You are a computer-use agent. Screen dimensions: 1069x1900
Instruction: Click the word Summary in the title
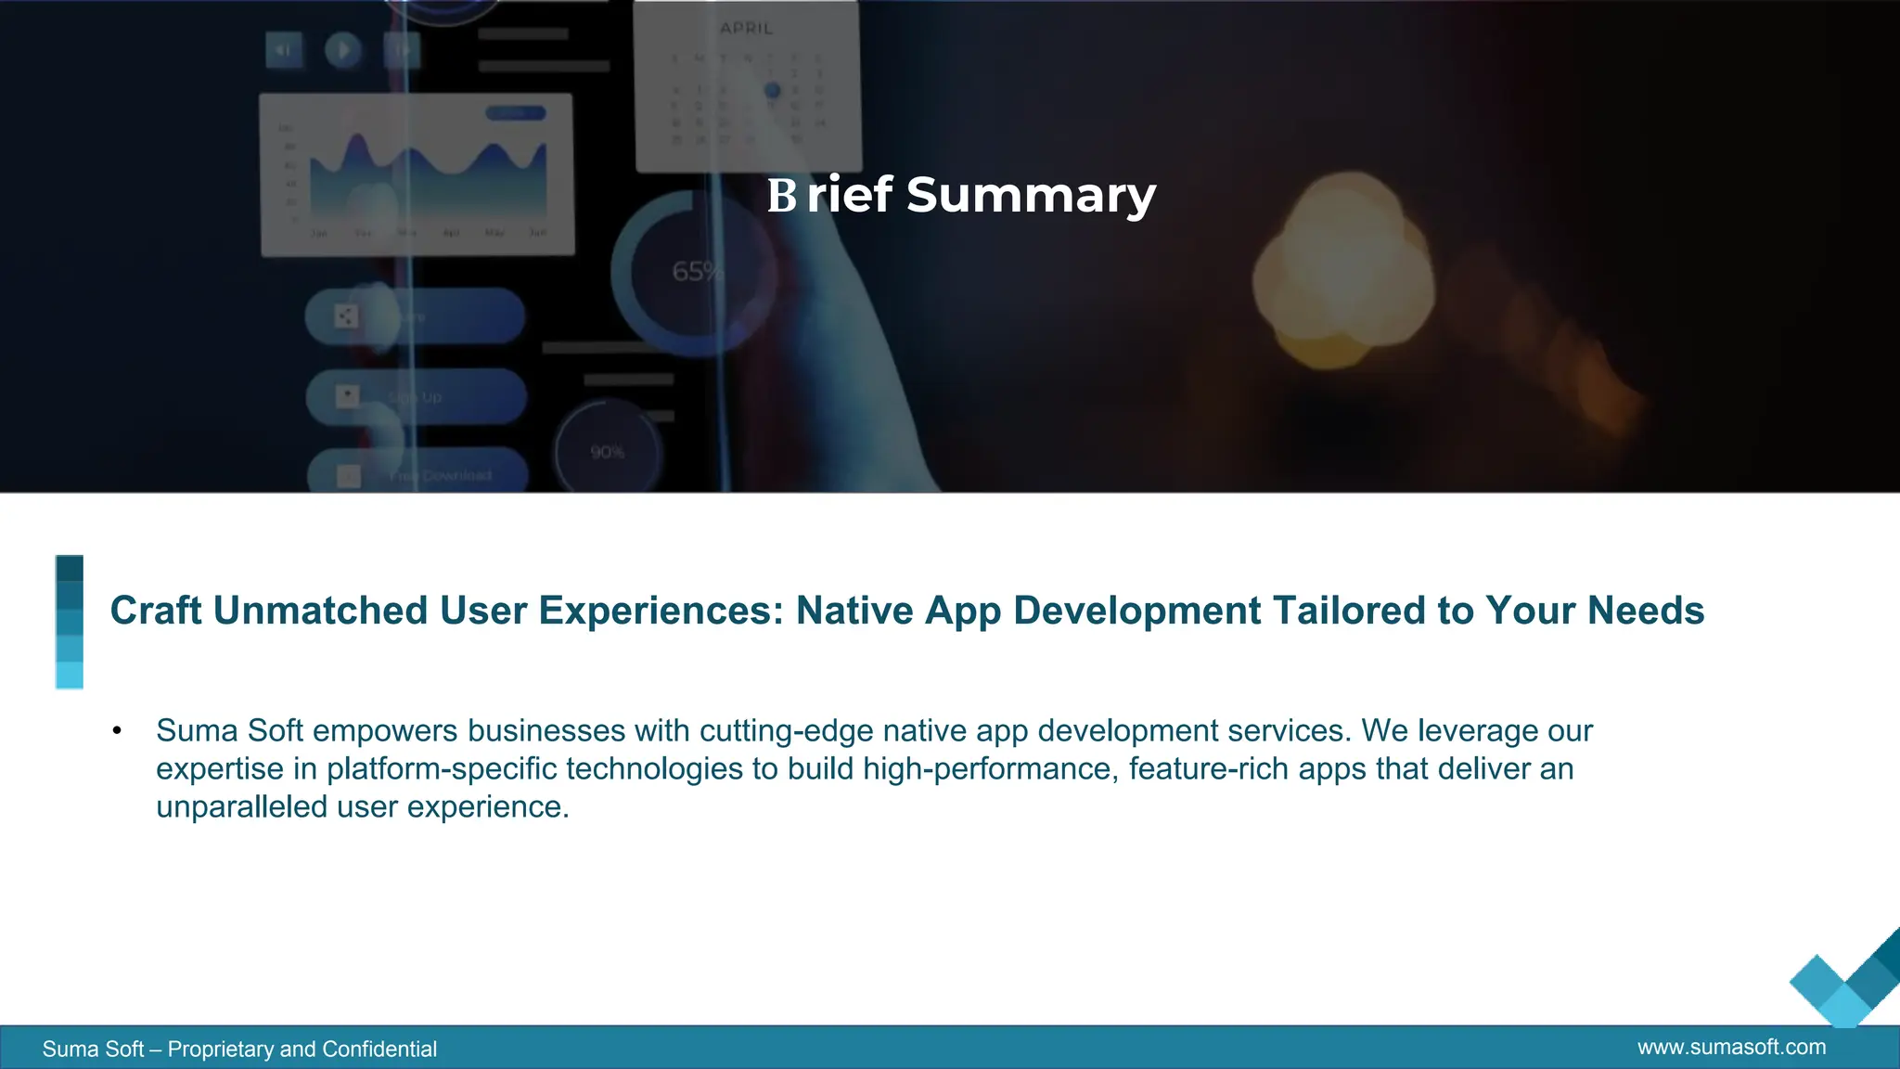(x=1031, y=196)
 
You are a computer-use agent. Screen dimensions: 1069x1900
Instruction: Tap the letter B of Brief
(x=781, y=196)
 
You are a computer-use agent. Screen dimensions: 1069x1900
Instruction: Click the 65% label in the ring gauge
(x=697, y=272)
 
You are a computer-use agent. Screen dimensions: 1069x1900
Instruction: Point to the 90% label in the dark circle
(x=608, y=452)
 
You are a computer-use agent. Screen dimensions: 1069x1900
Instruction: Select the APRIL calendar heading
(x=747, y=29)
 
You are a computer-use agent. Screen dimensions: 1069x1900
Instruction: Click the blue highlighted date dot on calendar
(x=772, y=91)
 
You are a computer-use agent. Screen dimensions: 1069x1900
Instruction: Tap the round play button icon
(x=342, y=49)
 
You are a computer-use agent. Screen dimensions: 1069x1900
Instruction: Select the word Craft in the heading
(x=155, y=611)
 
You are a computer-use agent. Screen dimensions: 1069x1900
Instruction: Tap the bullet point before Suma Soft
(x=117, y=731)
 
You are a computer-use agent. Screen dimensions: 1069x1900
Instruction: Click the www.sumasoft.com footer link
(x=1731, y=1048)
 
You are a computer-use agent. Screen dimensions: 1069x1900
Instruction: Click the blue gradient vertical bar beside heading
(x=70, y=622)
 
